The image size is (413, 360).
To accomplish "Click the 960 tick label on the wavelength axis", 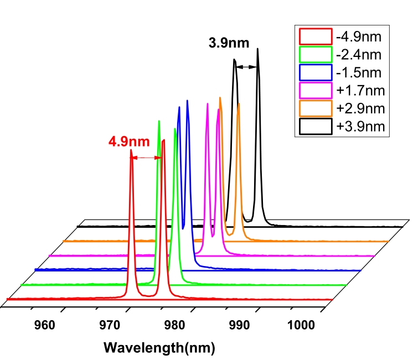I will pos(45,324).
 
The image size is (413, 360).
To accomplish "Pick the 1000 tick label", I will pos(302,324).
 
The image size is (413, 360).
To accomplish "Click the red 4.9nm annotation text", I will pos(128,141).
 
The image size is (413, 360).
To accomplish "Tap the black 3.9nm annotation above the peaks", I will pos(229,41).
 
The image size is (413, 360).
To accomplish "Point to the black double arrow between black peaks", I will pos(246,67).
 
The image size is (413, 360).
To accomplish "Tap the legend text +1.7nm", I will pos(359,90).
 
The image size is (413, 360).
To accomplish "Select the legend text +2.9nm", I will pos(359,108).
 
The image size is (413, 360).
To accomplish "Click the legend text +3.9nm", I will pos(359,126).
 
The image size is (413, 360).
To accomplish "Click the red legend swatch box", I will pos(314,37).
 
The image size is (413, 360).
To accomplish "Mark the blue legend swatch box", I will pos(314,72).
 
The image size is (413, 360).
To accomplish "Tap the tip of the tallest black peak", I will pos(257,49).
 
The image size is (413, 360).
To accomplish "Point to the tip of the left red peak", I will pos(131,149).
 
